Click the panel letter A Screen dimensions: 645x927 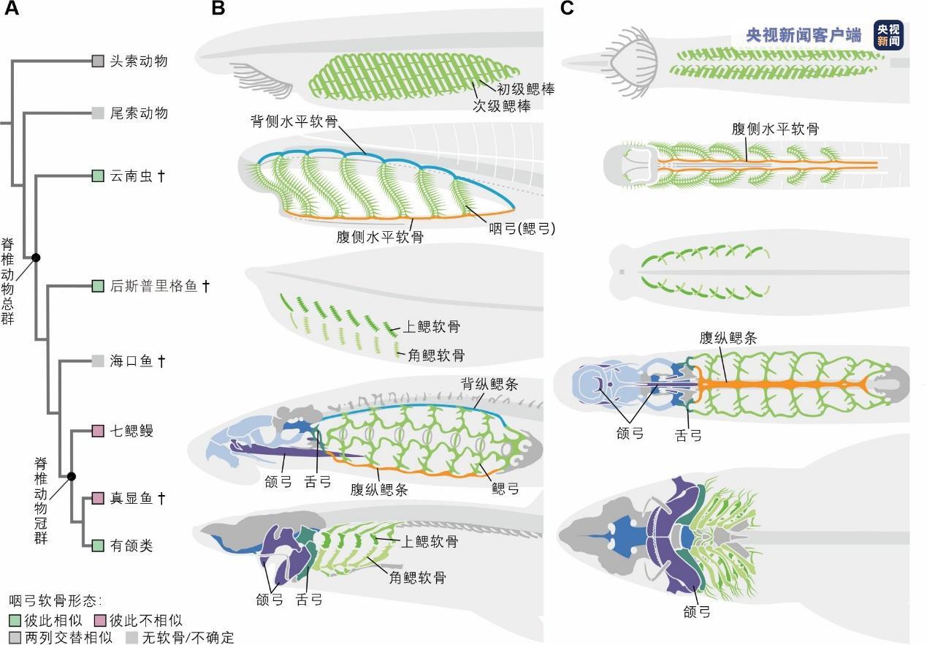[12, 9]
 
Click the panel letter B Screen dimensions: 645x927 [218, 9]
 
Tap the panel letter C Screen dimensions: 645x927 [567, 9]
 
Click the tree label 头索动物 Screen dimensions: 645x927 [139, 61]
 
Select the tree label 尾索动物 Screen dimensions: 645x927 [139, 113]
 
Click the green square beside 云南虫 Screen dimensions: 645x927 [98, 176]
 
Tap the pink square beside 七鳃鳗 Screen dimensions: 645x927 [98, 431]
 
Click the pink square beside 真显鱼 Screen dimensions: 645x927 [98, 499]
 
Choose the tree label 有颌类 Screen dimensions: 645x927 [131, 546]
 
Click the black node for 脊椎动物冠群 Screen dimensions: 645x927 [72, 477]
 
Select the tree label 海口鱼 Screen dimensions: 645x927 [131, 361]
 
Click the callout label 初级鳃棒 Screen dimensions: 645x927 [526, 89]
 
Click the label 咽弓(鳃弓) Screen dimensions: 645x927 [522, 229]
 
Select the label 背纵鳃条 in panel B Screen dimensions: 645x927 [489, 384]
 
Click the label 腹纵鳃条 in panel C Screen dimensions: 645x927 [728, 338]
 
